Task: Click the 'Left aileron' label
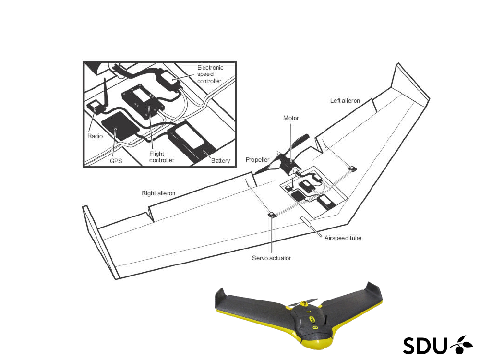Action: click(345, 101)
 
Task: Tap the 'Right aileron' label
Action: click(158, 193)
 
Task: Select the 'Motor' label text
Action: click(291, 118)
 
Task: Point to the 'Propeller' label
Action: click(257, 160)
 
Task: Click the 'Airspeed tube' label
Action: click(343, 238)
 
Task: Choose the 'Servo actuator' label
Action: click(271, 258)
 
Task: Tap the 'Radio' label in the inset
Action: click(95, 136)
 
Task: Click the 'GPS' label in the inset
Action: click(116, 161)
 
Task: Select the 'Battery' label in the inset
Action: click(220, 161)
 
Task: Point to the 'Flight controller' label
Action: click(162, 157)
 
